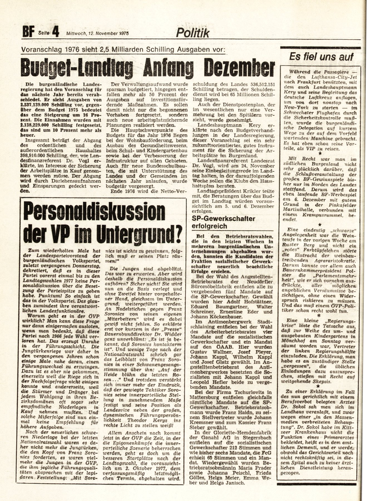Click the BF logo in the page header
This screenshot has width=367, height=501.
(x=27, y=34)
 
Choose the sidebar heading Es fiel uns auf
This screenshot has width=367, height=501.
(x=321, y=57)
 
